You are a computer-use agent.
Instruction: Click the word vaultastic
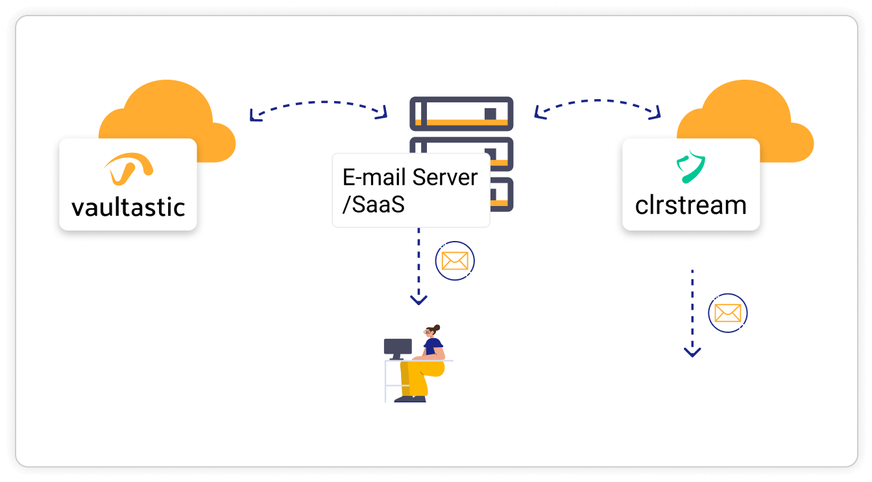(x=128, y=207)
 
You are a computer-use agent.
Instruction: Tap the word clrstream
(x=690, y=205)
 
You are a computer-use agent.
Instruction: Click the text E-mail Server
(x=410, y=178)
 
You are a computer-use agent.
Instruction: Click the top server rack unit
(x=461, y=114)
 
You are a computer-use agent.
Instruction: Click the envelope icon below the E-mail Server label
(x=455, y=261)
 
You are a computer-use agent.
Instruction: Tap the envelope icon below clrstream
(x=727, y=313)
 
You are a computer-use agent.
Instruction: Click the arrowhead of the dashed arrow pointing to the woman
(x=419, y=300)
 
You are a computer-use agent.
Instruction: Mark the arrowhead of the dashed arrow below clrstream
(x=692, y=352)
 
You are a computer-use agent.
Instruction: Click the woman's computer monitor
(x=398, y=347)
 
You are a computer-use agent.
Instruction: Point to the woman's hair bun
(x=437, y=328)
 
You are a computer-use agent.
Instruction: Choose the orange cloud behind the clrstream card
(x=746, y=110)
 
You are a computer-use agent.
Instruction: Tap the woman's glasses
(x=428, y=332)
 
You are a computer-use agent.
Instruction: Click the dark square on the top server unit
(x=490, y=114)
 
